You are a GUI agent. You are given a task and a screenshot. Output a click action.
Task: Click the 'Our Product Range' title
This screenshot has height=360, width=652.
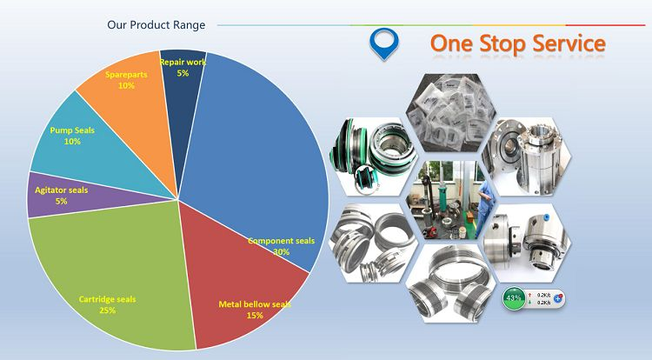click(x=156, y=25)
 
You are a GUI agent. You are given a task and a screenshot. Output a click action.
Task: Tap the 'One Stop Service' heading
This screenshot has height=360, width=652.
click(x=518, y=43)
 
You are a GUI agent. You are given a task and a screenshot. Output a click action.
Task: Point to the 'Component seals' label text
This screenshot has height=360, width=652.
click(x=282, y=241)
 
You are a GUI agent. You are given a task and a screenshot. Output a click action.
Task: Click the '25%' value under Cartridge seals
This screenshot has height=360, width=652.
click(x=107, y=310)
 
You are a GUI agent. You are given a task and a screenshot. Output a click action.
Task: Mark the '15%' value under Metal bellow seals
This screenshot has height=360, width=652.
click(x=255, y=316)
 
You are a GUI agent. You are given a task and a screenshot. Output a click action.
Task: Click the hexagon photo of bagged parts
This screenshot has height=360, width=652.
click(x=450, y=113)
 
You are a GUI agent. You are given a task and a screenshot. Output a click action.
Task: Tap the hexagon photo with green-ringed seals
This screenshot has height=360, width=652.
click(x=374, y=157)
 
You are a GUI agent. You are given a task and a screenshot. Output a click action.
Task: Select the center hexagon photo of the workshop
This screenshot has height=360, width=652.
click(x=450, y=200)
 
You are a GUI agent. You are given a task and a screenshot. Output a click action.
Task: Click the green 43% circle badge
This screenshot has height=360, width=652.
click(x=514, y=298)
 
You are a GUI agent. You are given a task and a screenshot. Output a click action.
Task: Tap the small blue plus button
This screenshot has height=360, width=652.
click(x=558, y=298)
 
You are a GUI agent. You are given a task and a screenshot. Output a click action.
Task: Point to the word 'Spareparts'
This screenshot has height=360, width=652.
click(x=126, y=75)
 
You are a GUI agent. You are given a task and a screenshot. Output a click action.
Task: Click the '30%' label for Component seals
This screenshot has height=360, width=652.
click(x=282, y=252)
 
